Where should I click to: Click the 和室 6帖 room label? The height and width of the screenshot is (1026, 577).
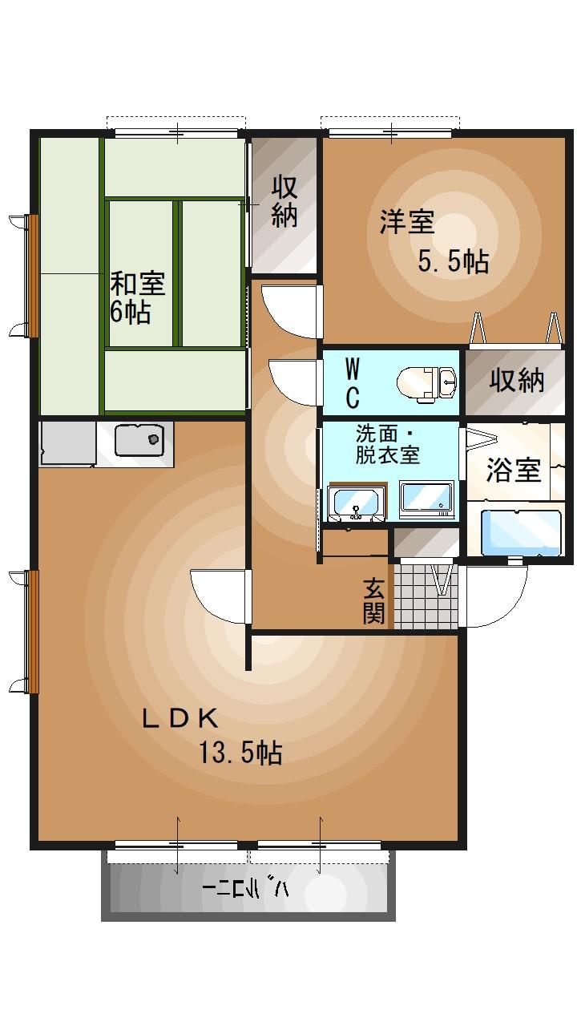coord(137,297)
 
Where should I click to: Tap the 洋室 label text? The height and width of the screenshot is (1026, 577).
coord(406,221)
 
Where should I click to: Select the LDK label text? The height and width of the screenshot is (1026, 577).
coord(180,718)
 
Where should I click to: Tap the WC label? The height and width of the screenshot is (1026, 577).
coord(352,382)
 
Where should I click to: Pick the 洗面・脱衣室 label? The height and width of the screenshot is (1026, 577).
coord(387,445)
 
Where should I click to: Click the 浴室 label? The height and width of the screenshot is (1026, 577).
coord(513,470)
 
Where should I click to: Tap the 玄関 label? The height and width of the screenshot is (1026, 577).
coord(373,600)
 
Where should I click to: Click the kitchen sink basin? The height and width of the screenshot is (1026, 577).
coord(139,440)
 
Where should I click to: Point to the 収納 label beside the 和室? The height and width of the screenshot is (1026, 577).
coord(284,200)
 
